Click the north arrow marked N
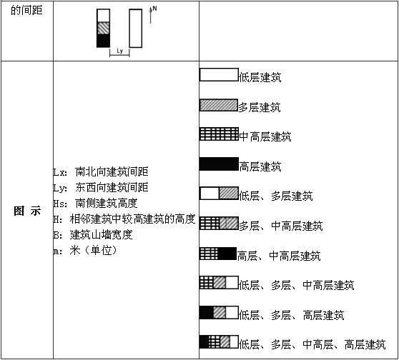click(151, 15)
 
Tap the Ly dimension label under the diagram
click(119, 51)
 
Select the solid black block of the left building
click(103, 41)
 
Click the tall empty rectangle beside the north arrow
click(136, 29)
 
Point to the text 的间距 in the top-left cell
click(26, 11)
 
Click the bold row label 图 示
click(27, 211)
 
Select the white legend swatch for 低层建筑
click(219, 75)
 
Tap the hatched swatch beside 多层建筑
click(219, 105)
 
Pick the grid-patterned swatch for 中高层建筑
click(219, 134)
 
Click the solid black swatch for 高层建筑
click(219, 164)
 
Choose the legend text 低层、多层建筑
click(275, 196)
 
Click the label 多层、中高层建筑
click(281, 226)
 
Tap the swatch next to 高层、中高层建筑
click(218, 254)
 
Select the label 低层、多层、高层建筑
click(292, 315)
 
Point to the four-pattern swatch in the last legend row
click(219, 342)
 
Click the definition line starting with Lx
click(101, 172)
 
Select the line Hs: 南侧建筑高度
click(95, 204)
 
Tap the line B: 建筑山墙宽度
click(93, 235)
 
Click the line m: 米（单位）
click(86, 251)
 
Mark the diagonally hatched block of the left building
click(103, 28)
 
